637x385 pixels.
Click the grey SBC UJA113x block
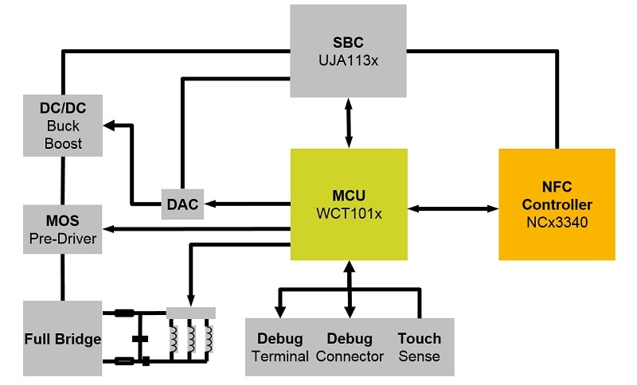pos(349,49)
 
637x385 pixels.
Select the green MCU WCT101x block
pos(349,204)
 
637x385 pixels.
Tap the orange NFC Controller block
pos(557,204)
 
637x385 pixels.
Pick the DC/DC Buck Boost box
pos(64,126)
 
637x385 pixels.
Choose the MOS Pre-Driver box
pos(64,229)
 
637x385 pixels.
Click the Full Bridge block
pos(62,338)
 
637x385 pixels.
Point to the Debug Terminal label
pos(280,347)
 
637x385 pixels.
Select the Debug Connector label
pos(350,347)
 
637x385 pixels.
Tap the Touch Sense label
pos(419,347)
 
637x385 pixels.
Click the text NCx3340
pos(557,222)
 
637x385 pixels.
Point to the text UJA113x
pos(349,58)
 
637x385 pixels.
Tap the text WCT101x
pos(349,213)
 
